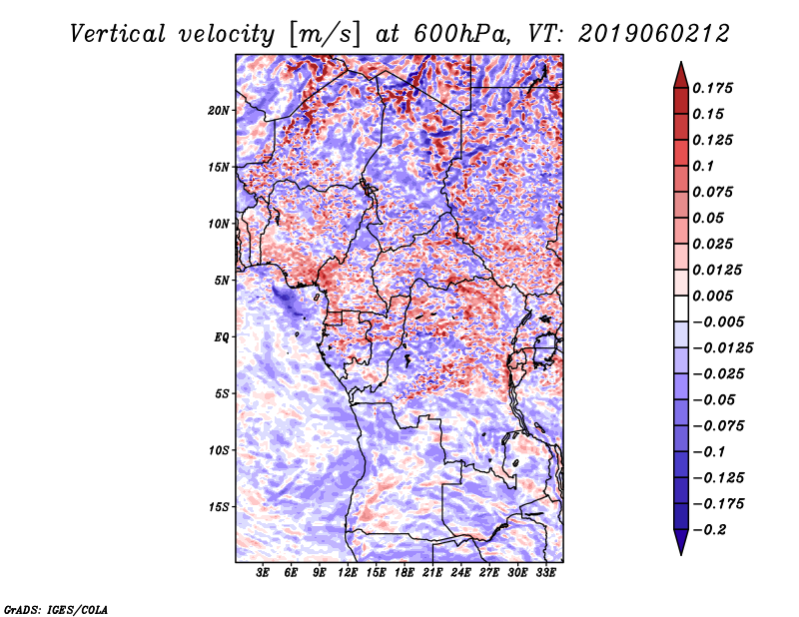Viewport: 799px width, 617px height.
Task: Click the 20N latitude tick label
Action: click(219, 111)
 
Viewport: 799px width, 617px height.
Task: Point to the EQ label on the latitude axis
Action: click(222, 337)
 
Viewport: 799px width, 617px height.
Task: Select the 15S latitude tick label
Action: click(219, 507)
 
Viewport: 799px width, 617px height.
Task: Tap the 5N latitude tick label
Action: click(222, 281)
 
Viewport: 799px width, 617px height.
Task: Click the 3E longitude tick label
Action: click(263, 572)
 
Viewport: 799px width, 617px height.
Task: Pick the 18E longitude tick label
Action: click(404, 572)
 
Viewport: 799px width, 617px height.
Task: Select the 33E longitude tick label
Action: click(545, 572)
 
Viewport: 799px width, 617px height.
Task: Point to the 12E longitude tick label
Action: click(348, 572)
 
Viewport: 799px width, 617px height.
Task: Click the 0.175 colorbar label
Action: click(712, 88)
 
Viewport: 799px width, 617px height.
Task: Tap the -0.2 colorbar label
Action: click(709, 530)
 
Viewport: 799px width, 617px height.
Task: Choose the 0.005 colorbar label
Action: click(712, 296)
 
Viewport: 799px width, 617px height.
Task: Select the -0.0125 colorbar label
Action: click(722, 348)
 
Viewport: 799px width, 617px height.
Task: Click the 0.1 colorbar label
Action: click(703, 166)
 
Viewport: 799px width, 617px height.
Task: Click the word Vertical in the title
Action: click(118, 34)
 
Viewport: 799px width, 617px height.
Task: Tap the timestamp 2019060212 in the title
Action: click(654, 34)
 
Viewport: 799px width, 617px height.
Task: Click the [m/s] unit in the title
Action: click(325, 35)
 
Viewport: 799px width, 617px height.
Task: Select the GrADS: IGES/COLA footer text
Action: click(56, 609)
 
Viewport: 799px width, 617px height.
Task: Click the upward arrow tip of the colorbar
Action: click(681, 63)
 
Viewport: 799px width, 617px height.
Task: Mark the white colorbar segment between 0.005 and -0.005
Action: click(681, 308)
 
